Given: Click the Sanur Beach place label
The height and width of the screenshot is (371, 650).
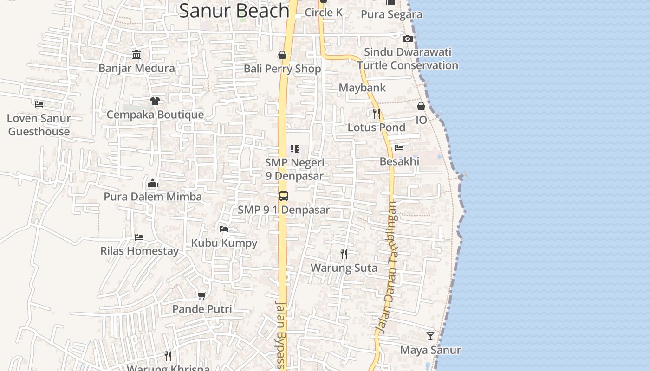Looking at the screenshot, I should click(234, 10).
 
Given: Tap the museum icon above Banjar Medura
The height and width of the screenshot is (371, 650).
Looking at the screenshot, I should click(136, 55).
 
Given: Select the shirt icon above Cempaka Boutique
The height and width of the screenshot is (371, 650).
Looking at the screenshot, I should click(155, 101).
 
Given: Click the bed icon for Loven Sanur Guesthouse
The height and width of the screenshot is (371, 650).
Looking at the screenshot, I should click(39, 104).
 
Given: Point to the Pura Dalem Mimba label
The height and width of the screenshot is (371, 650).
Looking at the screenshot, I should click(153, 197).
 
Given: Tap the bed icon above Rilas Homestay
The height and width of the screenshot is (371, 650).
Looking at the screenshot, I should click(139, 237).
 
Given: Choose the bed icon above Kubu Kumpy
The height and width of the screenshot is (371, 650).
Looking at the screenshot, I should click(224, 229).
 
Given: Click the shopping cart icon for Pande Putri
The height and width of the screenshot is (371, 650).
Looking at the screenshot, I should click(201, 295).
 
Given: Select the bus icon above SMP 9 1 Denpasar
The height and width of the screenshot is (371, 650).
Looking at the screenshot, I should click(284, 196).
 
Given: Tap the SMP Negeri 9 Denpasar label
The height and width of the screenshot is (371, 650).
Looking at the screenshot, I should click(294, 169).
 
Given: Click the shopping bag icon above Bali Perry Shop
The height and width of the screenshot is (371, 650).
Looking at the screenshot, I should click(282, 56).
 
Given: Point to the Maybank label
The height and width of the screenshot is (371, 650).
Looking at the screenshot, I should click(362, 88).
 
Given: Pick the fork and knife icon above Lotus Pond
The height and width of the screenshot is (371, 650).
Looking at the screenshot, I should click(377, 113).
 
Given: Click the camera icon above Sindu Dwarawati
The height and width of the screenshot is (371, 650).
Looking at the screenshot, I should click(407, 38).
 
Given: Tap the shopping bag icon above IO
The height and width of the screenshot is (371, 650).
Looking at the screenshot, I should click(421, 106).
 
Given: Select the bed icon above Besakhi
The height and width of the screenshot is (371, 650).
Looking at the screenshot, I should click(399, 148).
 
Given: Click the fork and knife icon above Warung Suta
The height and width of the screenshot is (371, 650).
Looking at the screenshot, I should click(344, 254).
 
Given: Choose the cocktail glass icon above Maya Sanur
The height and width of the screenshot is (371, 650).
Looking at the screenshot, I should click(430, 336).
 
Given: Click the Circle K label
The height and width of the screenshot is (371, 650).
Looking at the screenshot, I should click(324, 13).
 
